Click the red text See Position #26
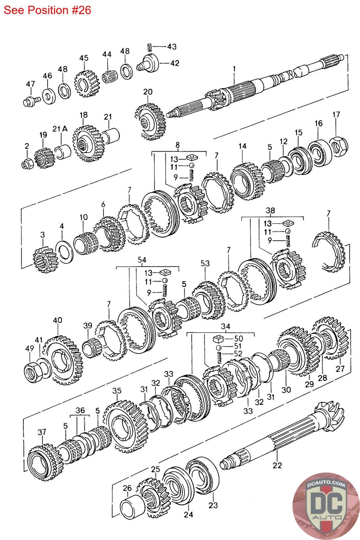[x=47, y=10]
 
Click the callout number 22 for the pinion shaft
[x=277, y=465]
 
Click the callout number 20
[x=148, y=92]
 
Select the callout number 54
[x=142, y=260]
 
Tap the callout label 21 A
[x=60, y=129]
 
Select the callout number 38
[x=270, y=211]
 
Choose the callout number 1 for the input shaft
[x=234, y=69]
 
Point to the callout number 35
[x=117, y=391]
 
